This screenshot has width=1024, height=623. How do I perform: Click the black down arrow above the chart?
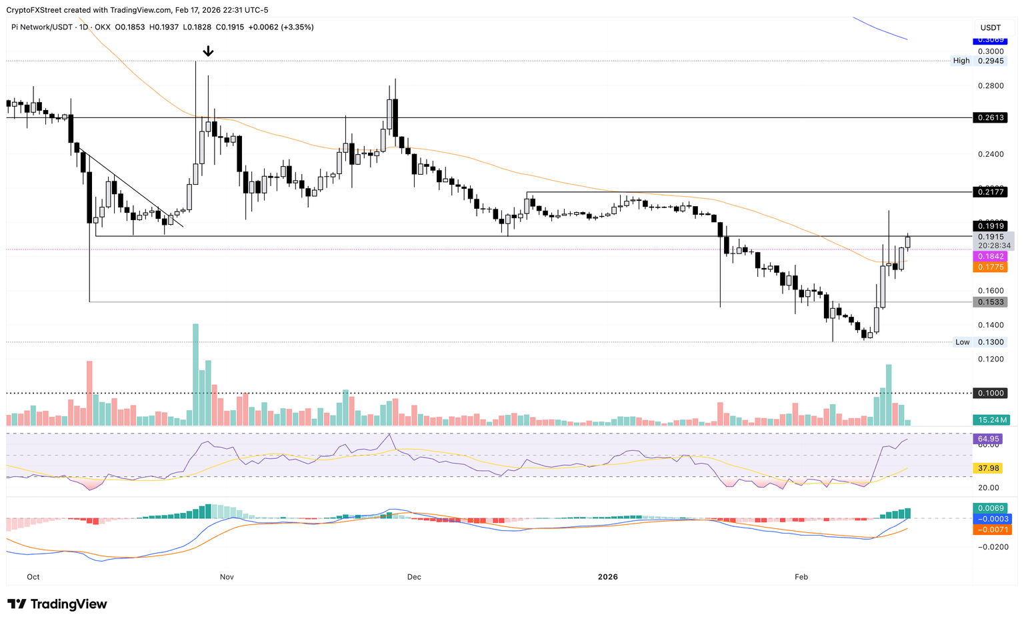coord(208,51)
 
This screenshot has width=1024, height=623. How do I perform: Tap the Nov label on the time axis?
coord(227,577)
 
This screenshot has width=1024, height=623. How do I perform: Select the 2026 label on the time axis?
coord(608,577)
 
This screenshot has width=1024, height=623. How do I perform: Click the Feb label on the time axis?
coord(801,577)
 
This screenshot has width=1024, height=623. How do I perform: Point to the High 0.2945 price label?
coord(979,61)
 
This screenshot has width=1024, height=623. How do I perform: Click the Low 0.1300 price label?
coord(981,342)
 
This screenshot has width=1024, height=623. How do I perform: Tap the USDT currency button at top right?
coord(991,27)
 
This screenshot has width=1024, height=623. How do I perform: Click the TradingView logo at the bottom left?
coord(57,604)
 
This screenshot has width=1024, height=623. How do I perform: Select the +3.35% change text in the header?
coord(298,27)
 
